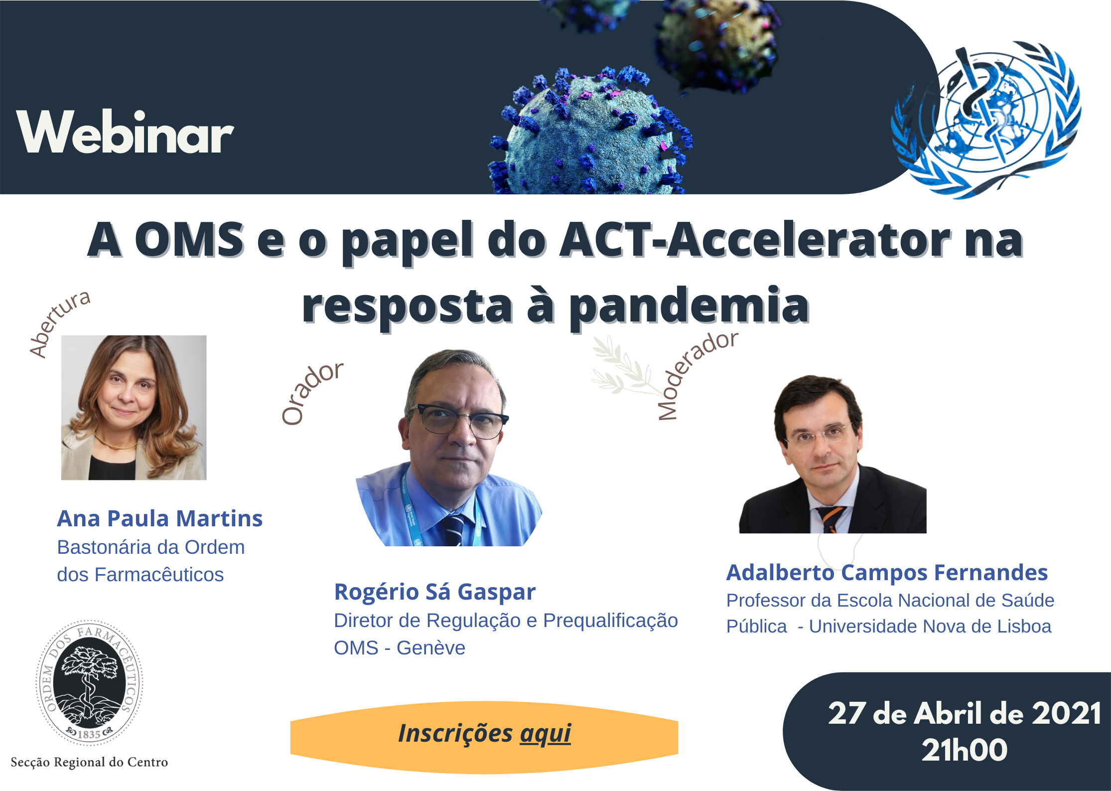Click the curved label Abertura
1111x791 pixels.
tap(59, 324)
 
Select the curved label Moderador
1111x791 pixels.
tap(696, 375)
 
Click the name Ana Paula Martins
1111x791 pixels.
tap(159, 518)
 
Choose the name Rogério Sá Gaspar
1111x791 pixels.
tap(435, 592)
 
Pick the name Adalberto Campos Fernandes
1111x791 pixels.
tap(887, 573)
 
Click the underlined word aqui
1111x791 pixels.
tap(546, 734)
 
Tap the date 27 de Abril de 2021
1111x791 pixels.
tap(965, 713)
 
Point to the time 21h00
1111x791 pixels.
tap(965, 750)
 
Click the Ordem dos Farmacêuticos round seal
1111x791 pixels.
tap(89, 683)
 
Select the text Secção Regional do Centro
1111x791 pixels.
tap(89, 762)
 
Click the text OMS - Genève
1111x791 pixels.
tap(400, 648)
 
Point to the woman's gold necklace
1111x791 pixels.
tap(116, 443)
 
